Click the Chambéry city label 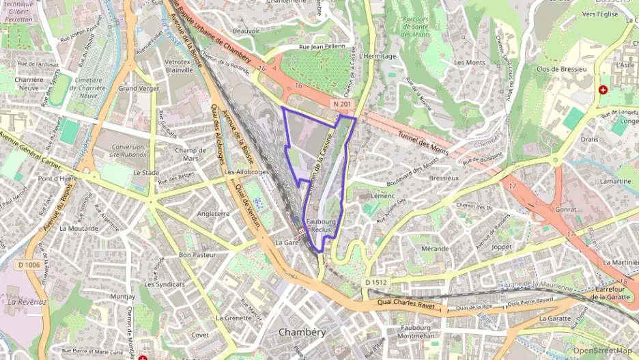coord(302,332)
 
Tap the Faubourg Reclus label coord(319,226)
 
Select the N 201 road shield coord(343,103)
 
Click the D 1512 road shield coord(376,282)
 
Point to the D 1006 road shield coord(29,264)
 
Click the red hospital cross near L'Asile coord(603,89)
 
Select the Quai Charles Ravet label coord(410,301)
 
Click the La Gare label coord(288,243)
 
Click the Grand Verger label coord(139,89)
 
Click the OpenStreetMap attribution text coord(602,350)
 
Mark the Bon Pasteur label coord(197,255)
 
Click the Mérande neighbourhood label coord(435,249)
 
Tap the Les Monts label coord(469,62)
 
